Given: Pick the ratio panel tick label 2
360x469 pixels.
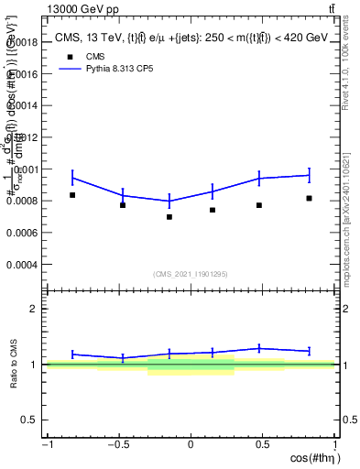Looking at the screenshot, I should click(34, 309).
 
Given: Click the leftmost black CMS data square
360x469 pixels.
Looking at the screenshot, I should click(72, 195).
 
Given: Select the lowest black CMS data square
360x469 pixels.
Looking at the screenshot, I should click(169, 217).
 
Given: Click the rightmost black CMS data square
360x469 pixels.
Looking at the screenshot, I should click(310, 198).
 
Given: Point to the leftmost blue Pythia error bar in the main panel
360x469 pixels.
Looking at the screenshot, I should click(72, 178).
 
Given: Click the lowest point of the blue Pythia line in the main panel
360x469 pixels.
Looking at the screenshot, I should click(169, 201).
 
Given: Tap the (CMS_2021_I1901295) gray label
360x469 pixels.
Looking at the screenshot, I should click(191, 274).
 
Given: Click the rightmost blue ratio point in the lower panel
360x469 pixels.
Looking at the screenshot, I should click(310, 351).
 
